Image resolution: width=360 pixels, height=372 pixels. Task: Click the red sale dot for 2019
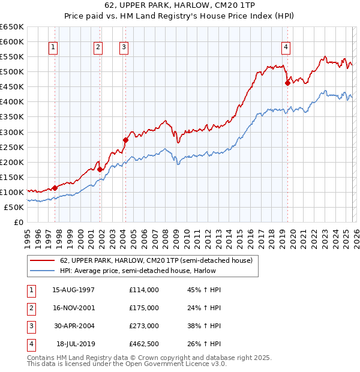[x=287, y=83]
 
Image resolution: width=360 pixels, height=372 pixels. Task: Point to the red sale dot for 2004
[x=125, y=140]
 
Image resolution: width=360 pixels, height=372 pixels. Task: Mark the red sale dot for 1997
[x=55, y=188]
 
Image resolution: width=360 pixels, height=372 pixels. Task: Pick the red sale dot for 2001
[x=100, y=169]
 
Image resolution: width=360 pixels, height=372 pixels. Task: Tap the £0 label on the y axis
[x=18, y=222]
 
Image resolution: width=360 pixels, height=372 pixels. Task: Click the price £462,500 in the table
[x=144, y=344]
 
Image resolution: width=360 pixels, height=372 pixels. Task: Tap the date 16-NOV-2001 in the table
[x=73, y=308]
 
